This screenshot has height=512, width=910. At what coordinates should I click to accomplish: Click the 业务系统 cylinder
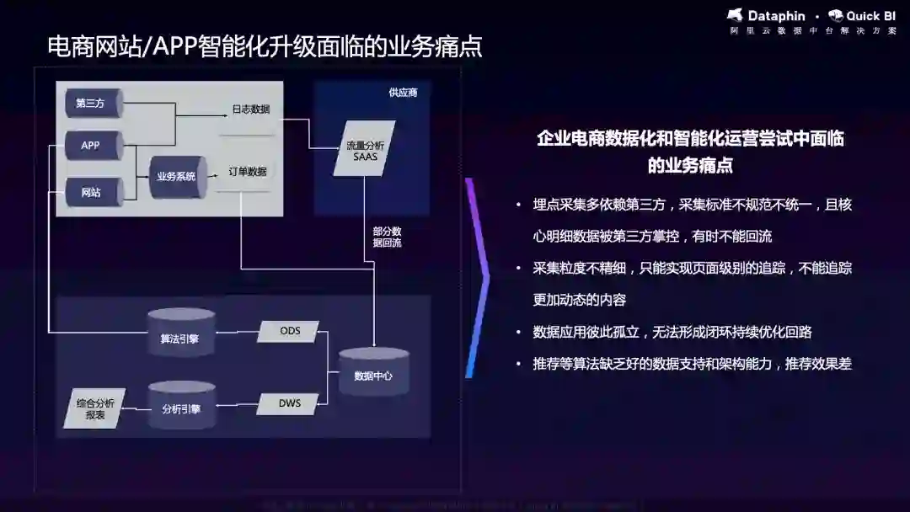coord(178,177)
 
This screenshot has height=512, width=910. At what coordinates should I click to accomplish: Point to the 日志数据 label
coord(250,109)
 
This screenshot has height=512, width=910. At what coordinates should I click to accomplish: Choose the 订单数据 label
coord(248,172)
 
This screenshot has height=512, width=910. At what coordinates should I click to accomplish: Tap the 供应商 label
coord(403,93)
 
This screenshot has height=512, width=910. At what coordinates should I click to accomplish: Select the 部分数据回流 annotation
coord(387,237)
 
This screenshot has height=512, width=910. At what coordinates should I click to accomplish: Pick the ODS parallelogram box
coord(290,331)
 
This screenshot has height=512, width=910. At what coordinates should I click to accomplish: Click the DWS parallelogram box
coord(290,403)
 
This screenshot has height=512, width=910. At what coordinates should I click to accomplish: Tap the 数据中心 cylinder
coord(373,375)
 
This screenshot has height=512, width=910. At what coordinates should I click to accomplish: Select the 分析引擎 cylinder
coord(181,408)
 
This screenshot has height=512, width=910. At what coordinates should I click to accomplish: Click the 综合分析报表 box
coord(95,409)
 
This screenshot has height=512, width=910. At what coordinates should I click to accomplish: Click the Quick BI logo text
coord(870,16)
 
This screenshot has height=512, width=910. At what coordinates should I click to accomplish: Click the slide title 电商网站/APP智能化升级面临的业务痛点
coord(265,46)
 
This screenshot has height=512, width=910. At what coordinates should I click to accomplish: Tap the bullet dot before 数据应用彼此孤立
coord(518,333)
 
